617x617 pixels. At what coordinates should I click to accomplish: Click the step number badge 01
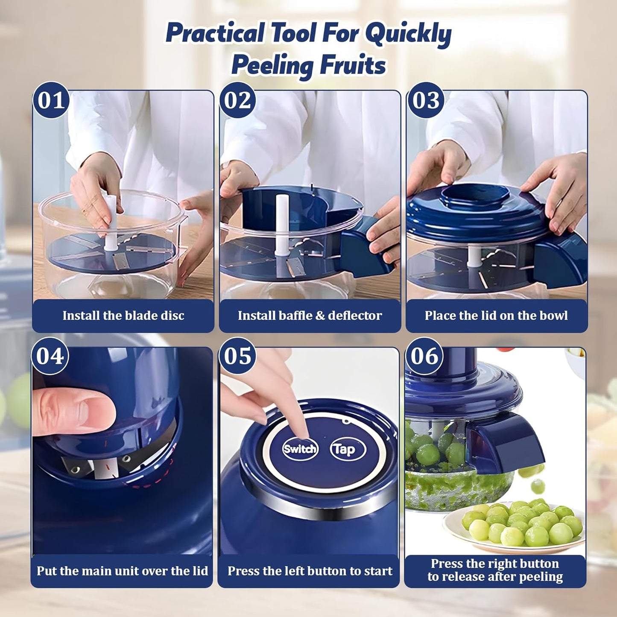51,101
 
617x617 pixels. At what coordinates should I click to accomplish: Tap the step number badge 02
238,101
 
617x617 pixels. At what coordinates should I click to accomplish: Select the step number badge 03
426,101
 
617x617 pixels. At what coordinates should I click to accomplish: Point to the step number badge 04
50,356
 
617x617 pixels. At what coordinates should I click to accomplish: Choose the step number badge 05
237,356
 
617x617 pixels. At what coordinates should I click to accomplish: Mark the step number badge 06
424,356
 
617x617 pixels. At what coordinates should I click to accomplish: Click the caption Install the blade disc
123,316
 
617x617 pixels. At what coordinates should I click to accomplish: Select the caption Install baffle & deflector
310,316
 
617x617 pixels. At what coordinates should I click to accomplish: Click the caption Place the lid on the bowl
496,316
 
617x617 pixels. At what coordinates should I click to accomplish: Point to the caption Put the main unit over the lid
122,571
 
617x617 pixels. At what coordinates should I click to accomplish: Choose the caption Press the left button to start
310,571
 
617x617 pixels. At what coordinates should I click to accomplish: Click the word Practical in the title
215,33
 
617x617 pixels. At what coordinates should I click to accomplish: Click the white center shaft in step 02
281,224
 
